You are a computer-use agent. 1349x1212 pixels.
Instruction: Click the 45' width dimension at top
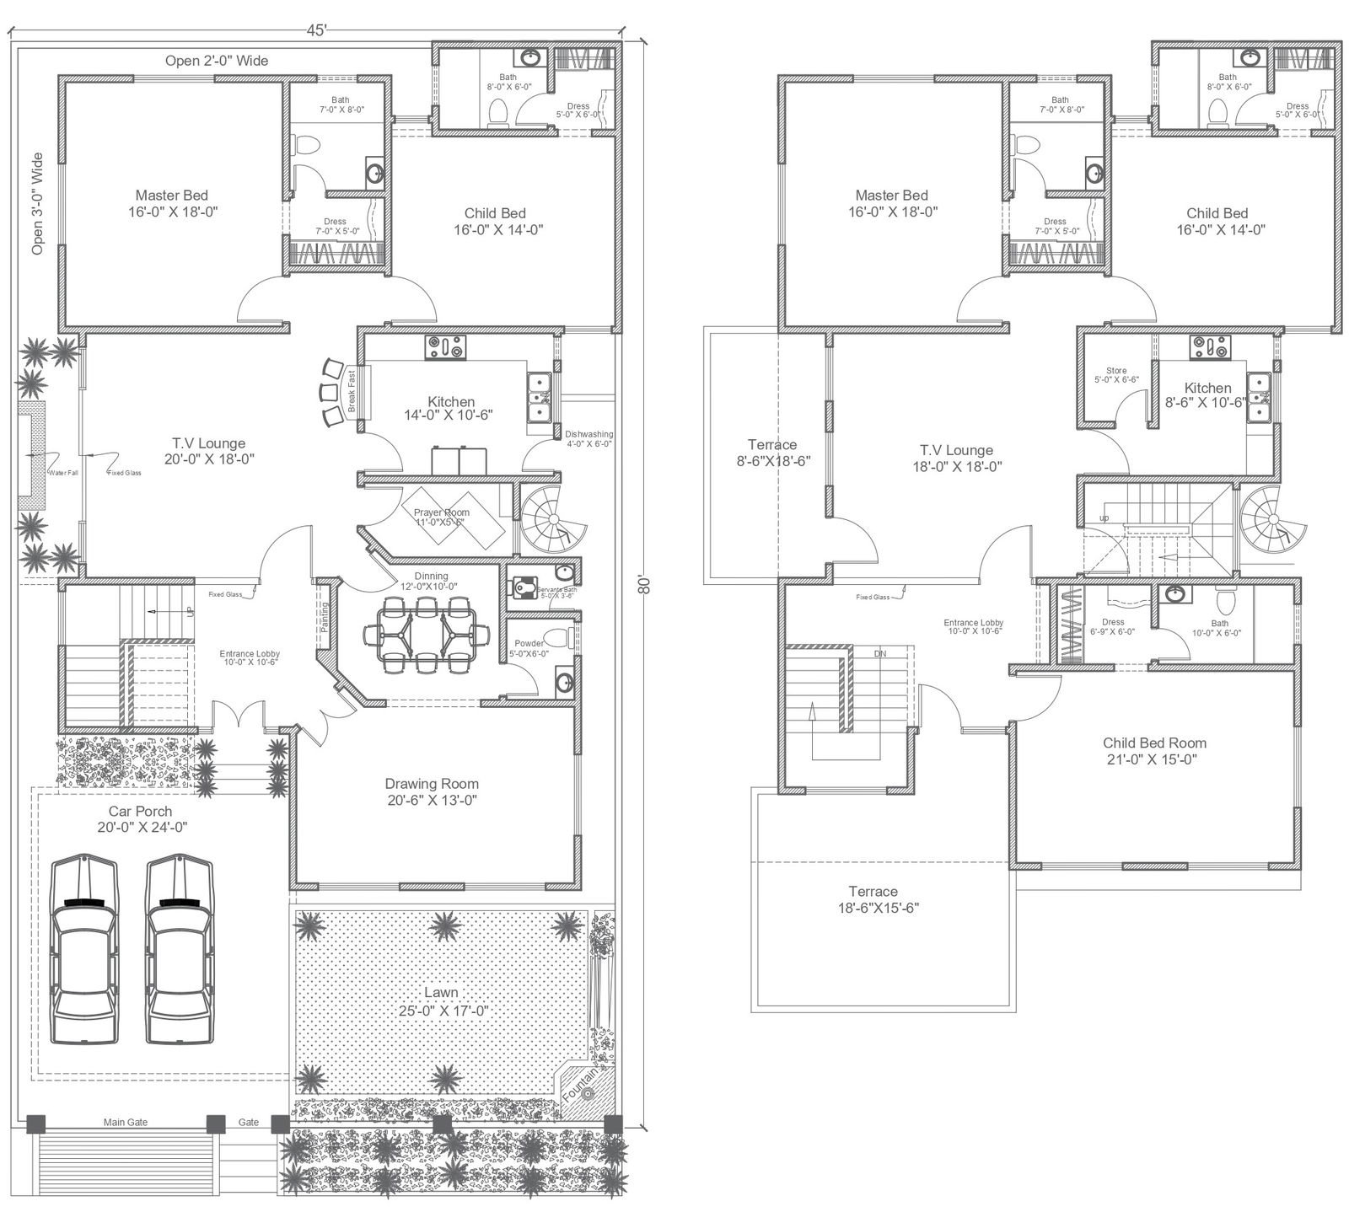pos(316,30)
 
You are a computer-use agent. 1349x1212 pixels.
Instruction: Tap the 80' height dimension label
pos(645,586)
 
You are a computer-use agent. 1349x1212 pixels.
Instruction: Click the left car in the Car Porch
pos(84,950)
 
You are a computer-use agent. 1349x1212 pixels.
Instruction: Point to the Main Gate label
pos(126,1122)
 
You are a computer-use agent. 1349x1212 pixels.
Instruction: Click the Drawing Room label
pos(432,791)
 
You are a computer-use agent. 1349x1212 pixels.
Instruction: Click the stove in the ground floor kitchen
pos(445,346)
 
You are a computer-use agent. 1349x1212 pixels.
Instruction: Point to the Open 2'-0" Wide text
pos(217,61)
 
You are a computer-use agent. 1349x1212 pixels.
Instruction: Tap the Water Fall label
pos(62,473)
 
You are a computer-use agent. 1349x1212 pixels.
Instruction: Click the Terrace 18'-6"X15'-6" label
pos(873,899)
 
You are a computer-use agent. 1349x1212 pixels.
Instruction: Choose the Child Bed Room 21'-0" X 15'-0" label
pos(1154,751)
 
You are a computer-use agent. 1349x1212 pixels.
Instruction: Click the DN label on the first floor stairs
pos(879,653)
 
